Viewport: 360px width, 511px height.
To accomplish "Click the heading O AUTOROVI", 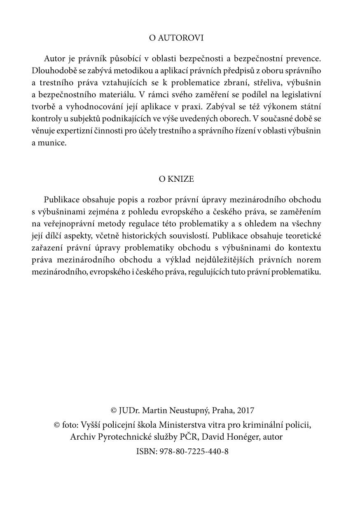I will pyautogui.click(x=176, y=38).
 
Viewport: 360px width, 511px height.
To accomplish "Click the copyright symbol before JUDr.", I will pyautogui.click(x=114, y=411).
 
